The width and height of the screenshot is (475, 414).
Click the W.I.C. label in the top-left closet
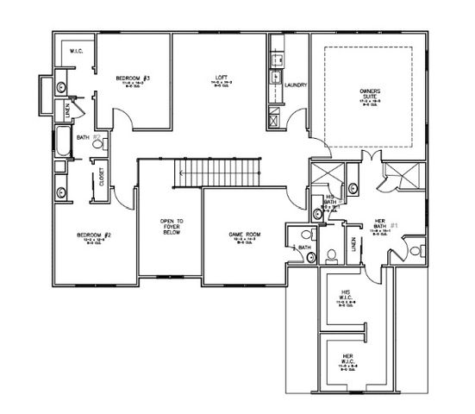click(75, 52)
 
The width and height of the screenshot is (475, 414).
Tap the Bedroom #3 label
click(134, 78)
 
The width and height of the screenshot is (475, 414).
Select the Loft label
click(221, 78)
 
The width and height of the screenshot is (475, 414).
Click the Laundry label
click(297, 85)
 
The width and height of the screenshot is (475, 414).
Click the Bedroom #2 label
click(90, 235)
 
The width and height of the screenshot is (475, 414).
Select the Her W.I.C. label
click(347, 356)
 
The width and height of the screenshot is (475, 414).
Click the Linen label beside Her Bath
click(353, 246)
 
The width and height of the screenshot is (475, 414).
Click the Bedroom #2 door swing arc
click(124, 197)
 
